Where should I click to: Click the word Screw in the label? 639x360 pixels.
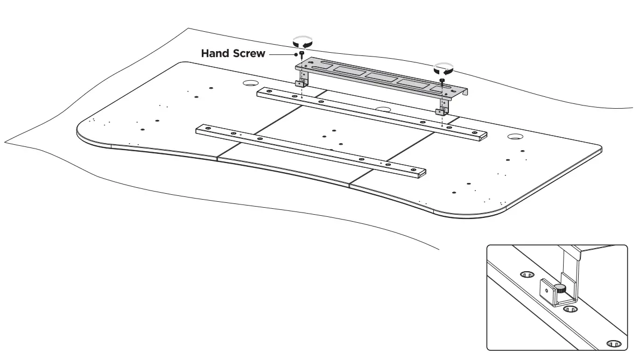tap(249, 54)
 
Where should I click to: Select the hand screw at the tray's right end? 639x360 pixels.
tap(442, 81)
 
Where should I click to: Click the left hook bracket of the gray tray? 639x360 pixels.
tap(301, 83)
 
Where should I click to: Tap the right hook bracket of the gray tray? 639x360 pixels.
tap(441, 111)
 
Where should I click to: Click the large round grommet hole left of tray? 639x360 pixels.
tap(250, 83)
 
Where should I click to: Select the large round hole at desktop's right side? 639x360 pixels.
tap(515, 138)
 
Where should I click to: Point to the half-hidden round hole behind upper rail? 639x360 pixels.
tap(383, 109)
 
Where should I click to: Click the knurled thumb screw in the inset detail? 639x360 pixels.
tap(561, 289)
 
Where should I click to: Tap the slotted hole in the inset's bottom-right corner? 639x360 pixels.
tap(613, 343)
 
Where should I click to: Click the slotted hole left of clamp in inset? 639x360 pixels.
tap(527, 274)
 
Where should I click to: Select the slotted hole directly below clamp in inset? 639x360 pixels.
tap(570, 310)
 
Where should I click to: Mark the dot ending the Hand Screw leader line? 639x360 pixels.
tap(296, 54)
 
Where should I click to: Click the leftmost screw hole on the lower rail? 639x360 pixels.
tap(206, 129)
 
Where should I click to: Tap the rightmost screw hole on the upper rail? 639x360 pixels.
tap(474, 132)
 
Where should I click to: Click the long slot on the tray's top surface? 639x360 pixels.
tap(323, 66)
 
